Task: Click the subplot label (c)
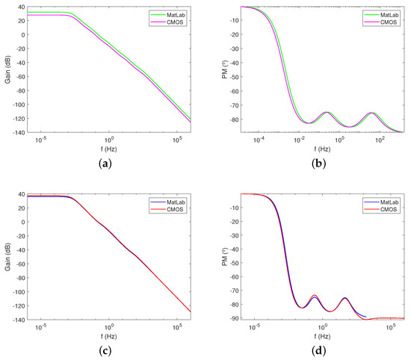point(109,350)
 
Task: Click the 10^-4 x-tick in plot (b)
point(259,140)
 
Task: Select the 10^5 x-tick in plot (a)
point(177,140)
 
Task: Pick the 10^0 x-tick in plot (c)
point(109,326)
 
